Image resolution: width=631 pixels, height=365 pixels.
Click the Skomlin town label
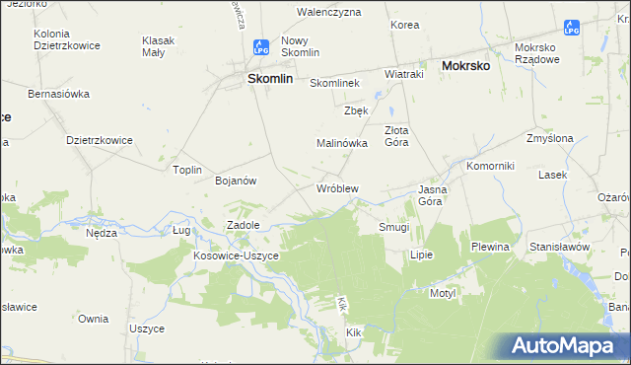pos(269,80)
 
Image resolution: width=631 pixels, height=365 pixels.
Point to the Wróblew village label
pos(336,187)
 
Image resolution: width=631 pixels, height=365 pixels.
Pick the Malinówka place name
pos(341,143)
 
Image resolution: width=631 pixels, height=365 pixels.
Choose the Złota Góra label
pos(396,135)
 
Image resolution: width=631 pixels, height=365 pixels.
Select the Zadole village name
pos(244,225)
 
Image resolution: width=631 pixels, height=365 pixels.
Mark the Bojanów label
pos(236,181)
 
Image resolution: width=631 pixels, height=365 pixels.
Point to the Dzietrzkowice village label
pos(100,140)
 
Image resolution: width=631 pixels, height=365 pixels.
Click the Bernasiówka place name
pos(59,94)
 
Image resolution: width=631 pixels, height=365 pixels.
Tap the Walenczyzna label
pos(329,13)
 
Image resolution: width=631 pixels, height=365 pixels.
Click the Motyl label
pos(440,293)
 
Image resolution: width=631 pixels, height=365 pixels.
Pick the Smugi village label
pos(394,227)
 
